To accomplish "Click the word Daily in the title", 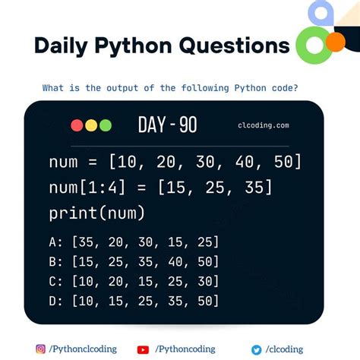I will (63, 46).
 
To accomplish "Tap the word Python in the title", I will (137, 46).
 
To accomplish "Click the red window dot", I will (77, 125).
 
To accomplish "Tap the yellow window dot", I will (91, 125).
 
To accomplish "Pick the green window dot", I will (106, 125).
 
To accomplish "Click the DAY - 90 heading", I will (167, 125).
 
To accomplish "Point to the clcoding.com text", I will (263, 126).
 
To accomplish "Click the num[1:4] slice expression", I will (86, 188).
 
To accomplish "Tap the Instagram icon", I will (40, 349).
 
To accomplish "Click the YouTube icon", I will (143, 349).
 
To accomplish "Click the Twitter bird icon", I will (257, 349).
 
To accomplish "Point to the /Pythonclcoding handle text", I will (83, 349).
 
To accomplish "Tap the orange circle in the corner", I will (335, 41).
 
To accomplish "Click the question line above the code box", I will (170, 88).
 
